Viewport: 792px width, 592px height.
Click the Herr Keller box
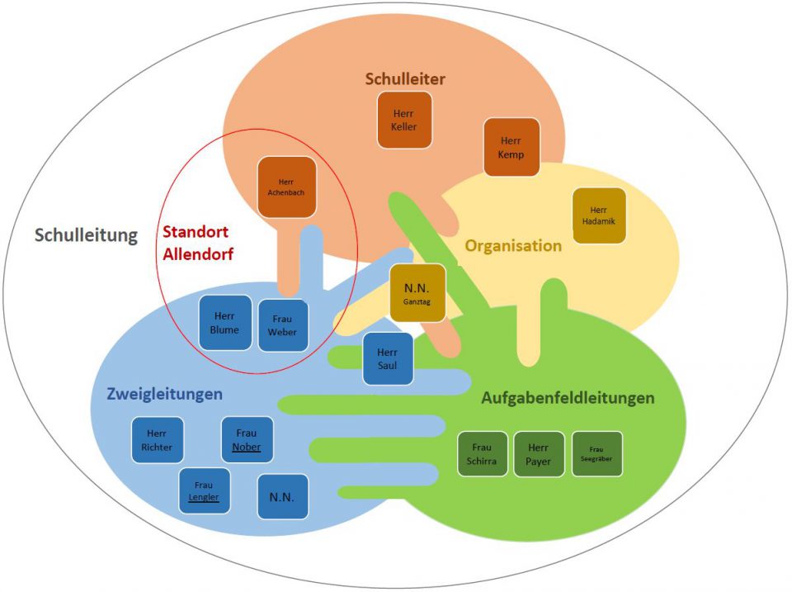[404, 121]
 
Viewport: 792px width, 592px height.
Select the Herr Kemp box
[511, 147]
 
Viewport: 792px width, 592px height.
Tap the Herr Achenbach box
[287, 187]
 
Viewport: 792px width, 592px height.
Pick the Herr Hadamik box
[599, 215]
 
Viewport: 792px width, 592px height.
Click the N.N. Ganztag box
[417, 293]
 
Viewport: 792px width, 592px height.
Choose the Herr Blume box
[224, 323]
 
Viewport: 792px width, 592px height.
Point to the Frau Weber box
[283, 325]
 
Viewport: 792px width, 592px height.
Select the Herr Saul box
[388, 358]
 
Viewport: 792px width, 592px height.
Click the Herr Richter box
[157, 440]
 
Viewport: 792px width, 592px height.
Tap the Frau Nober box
[247, 440]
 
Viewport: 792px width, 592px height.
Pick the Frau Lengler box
[205, 491]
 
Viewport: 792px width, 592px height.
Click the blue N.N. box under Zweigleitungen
[282, 496]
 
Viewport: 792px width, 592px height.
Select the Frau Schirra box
[482, 454]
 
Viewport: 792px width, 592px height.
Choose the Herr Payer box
[539, 454]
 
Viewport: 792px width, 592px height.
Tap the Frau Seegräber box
[596, 454]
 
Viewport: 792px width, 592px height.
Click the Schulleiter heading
[405, 79]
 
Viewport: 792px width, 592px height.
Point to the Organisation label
[513, 246]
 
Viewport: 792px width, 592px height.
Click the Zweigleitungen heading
[165, 394]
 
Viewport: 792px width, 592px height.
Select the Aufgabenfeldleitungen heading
[568, 398]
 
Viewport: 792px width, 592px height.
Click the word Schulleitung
[86, 235]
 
